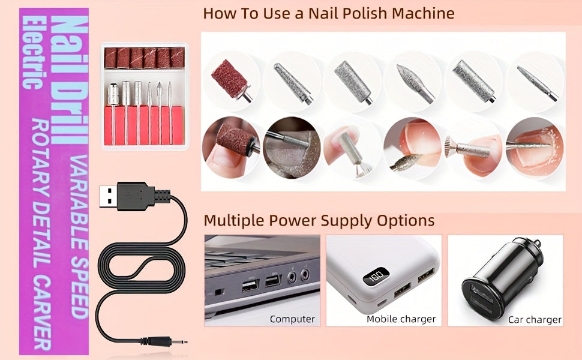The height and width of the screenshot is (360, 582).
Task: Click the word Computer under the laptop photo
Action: [x=292, y=319]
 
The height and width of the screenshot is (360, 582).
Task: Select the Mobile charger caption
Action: [x=401, y=319]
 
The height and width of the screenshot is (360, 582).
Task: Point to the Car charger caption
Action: [x=535, y=320]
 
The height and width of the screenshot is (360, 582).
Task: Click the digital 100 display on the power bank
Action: [x=376, y=276]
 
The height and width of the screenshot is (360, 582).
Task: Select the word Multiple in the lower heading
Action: [x=234, y=220]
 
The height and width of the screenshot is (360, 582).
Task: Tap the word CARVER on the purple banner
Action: [x=41, y=313]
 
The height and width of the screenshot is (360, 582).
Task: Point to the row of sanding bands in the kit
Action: [x=145, y=58]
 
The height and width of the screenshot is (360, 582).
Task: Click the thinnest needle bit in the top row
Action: [x=538, y=83]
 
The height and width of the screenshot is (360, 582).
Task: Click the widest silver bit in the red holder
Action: [x=113, y=94]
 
